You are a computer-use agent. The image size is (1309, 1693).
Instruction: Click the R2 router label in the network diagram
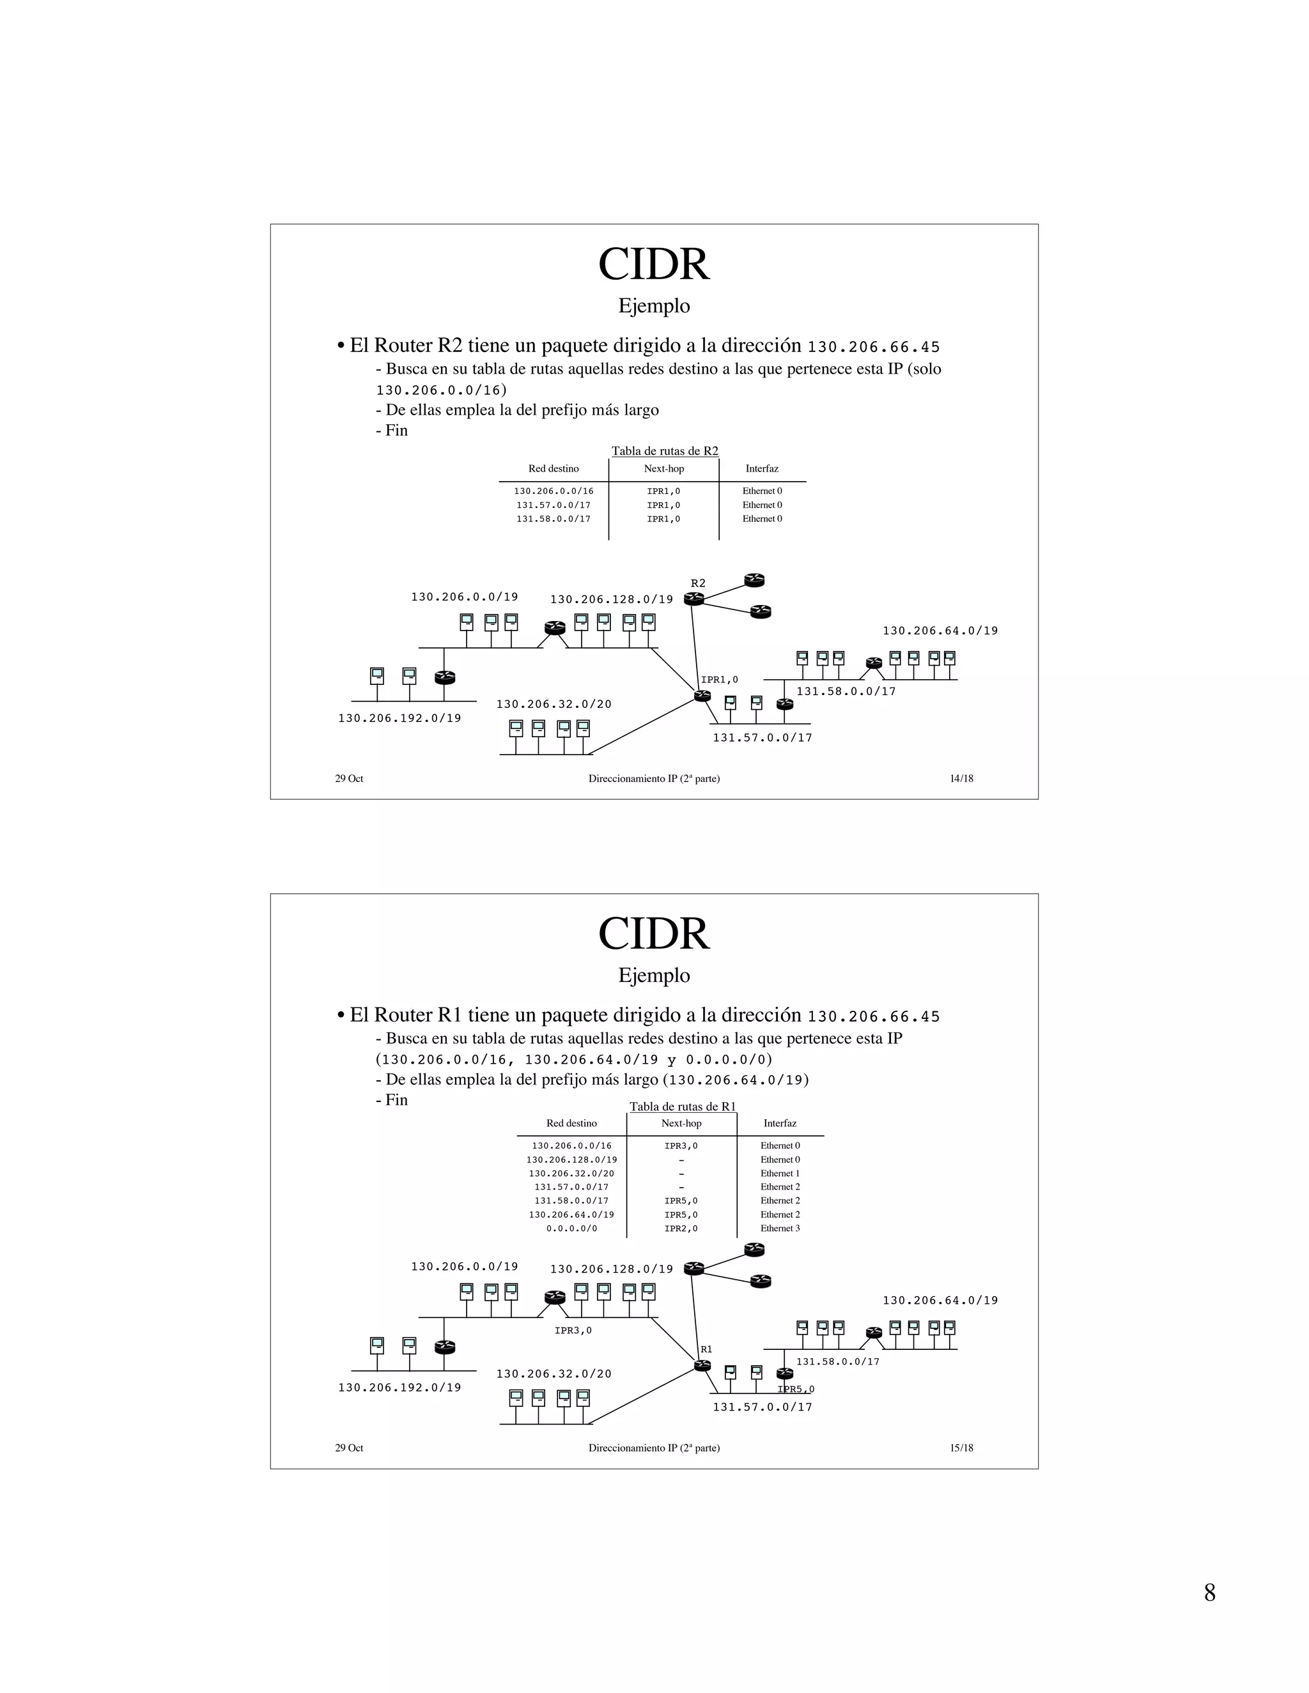(x=698, y=583)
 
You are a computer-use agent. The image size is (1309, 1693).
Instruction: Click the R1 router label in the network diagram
(x=706, y=1349)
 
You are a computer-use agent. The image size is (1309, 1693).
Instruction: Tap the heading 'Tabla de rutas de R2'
(x=665, y=450)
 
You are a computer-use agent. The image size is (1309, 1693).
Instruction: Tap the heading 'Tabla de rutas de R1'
(x=683, y=1106)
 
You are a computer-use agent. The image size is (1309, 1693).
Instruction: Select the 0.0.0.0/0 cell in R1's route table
(x=571, y=1228)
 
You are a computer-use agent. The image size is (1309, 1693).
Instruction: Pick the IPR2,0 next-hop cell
(x=681, y=1228)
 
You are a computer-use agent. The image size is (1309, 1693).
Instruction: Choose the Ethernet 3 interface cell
(x=780, y=1228)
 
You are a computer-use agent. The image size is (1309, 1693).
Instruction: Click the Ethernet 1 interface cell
(x=780, y=1173)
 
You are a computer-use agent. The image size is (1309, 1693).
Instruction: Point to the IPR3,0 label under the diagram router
(x=573, y=1330)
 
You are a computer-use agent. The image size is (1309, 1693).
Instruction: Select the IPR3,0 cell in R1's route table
(x=681, y=1145)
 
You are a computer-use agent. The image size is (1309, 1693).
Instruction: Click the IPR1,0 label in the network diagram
(x=720, y=680)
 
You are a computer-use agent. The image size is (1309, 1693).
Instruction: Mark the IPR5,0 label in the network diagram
(x=796, y=1389)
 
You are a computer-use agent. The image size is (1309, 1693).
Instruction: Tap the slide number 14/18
(x=961, y=778)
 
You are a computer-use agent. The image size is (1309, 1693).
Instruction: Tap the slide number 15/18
(x=961, y=1447)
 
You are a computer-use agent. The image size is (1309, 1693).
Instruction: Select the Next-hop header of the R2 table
(x=664, y=468)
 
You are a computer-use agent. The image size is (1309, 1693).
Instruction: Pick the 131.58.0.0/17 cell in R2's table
(x=553, y=519)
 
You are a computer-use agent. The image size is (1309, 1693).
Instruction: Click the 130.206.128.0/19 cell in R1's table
(x=571, y=1159)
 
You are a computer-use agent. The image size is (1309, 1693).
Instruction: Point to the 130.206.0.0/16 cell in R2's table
(x=553, y=491)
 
